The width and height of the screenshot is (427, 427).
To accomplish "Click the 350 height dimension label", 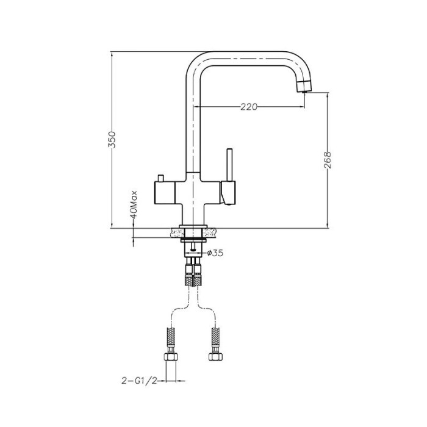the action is tap(112, 140).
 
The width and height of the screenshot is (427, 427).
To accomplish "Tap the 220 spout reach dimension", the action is tap(249, 107).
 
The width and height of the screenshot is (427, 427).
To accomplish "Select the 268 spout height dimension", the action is tap(328, 160).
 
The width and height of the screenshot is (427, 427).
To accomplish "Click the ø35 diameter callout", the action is tap(215, 253).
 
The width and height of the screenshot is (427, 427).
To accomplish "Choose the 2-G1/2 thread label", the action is tap(139, 381).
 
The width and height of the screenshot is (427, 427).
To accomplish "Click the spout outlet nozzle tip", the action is tap(304, 88).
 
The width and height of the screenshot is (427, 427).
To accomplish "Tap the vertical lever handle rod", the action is tap(229, 165).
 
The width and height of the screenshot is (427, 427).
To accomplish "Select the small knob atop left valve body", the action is tap(160, 178).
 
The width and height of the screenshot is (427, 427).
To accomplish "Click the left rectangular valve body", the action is tap(165, 193).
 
